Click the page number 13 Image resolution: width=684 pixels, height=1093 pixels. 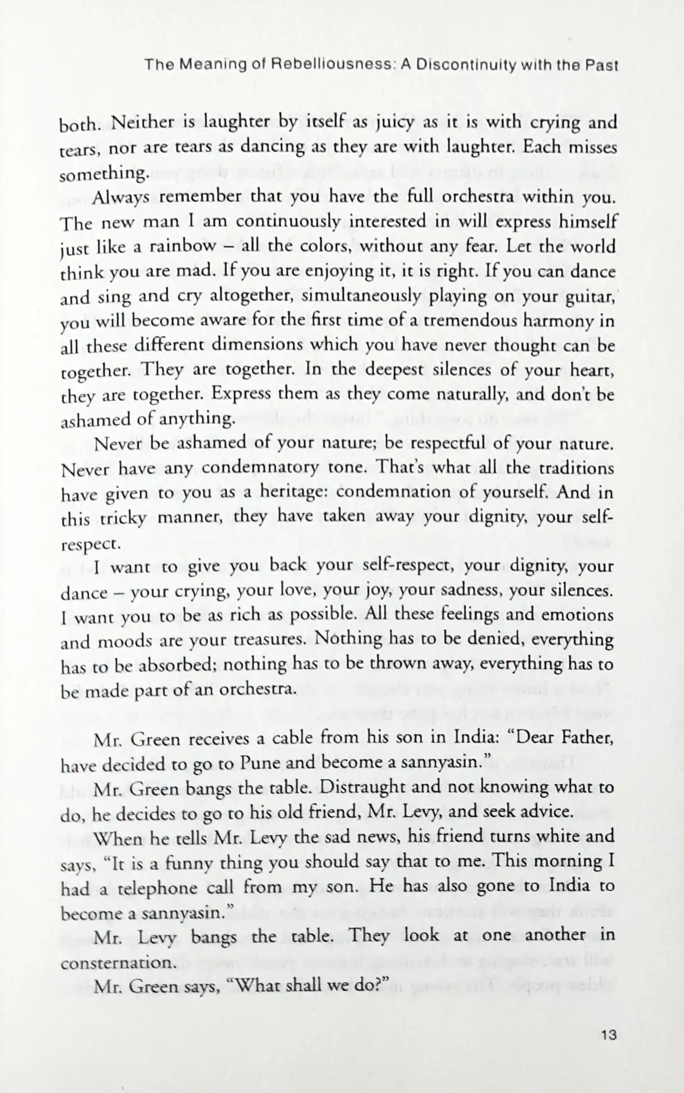pos(607,1035)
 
